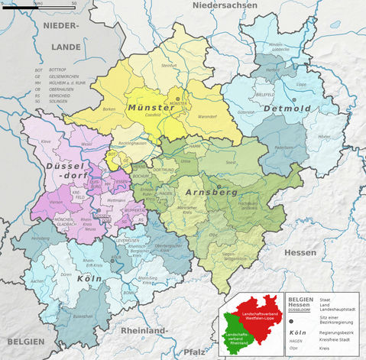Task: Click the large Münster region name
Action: point(151,108)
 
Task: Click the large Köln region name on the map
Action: point(89,278)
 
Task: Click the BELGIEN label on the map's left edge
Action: point(22,342)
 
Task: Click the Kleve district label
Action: point(45,142)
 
